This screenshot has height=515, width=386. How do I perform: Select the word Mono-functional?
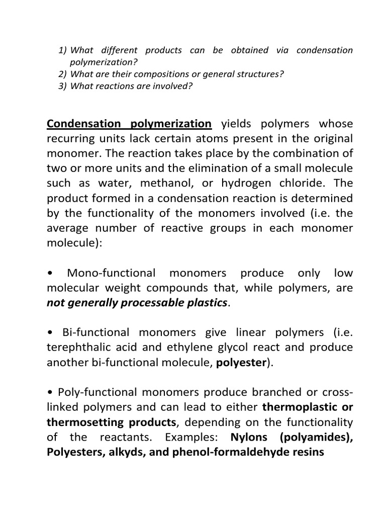point(110,273)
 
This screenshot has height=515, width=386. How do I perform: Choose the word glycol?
point(238,347)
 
